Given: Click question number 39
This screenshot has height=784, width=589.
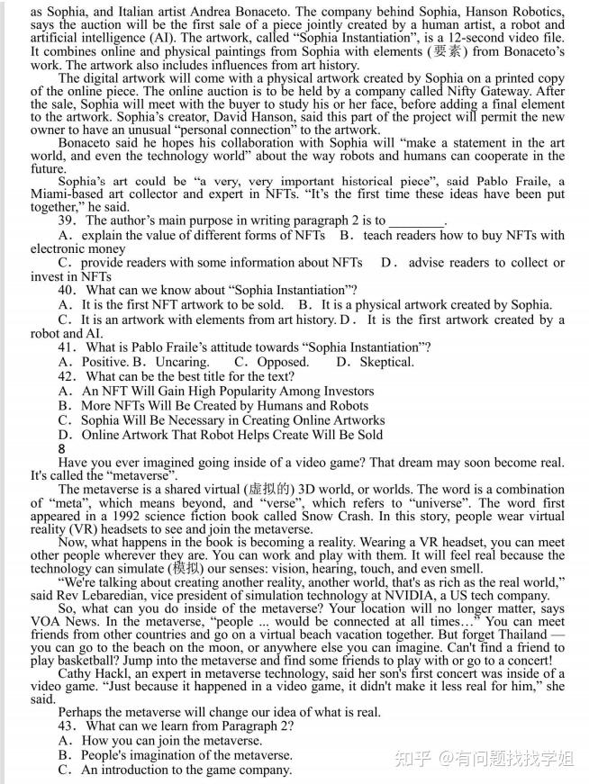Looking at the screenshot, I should (67, 221).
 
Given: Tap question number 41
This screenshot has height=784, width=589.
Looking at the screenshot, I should (67, 347).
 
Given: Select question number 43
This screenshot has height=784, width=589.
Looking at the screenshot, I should (67, 725).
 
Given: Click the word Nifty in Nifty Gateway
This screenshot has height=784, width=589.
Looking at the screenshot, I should (479, 91).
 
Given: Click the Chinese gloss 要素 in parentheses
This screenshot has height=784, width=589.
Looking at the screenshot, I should (420, 50).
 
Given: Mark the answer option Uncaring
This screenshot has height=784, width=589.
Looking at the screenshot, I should (181, 362).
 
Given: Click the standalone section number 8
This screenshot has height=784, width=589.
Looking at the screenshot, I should (61, 448).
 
